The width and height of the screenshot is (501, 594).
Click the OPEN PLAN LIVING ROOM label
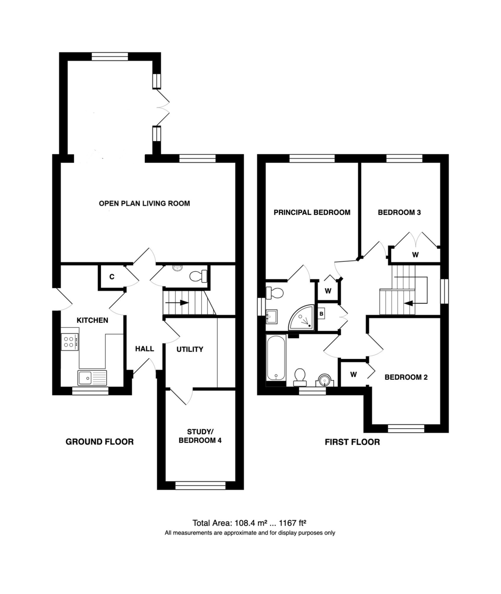pyautogui.click(x=144, y=203)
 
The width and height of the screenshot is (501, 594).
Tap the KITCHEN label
pyautogui.click(x=92, y=320)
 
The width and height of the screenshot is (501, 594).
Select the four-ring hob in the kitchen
pyautogui.click(x=70, y=342)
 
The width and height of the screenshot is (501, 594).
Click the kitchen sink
pyautogui.click(x=92, y=377)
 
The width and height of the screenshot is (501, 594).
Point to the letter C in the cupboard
pyautogui.click(x=112, y=277)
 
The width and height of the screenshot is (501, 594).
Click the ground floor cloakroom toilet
pyautogui.click(x=198, y=276)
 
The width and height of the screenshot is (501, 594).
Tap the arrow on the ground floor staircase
pyautogui.click(x=177, y=302)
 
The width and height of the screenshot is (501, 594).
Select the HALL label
pyautogui.click(x=144, y=349)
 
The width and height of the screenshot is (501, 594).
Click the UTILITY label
pyautogui.click(x=190, y=349)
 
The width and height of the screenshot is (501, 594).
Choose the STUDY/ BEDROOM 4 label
pyautogui.click(x=200, y=436)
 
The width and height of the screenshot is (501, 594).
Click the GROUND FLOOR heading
pyautogui.click(x=99, y=442)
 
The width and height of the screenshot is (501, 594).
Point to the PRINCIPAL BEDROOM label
pyautogui.click(x=312, y=212)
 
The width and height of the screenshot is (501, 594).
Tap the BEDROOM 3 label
pyautogui.click(x=399, y=212)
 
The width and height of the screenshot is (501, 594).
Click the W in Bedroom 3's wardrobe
pyautogui.click(x=415, y=254)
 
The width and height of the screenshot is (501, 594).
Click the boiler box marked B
pyautogui.click(x=321, y=314)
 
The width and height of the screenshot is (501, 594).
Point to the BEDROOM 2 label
pyautogui.click(x=406, y=377)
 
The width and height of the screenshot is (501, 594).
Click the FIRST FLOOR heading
pyautogui.click(x=352, y=442)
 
